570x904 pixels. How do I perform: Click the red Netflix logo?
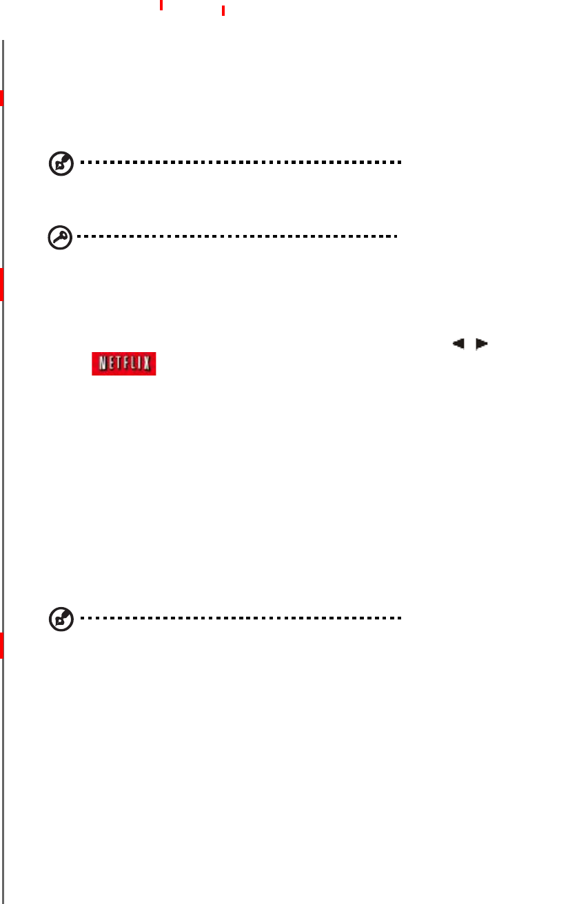point(124,364)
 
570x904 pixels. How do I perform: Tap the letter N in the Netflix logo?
point(100,364)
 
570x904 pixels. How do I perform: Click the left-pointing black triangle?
point(458,342)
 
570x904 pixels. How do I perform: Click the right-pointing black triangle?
point(481,342)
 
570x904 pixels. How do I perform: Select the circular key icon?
point(60,237)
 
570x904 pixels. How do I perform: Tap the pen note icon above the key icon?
point(61,163)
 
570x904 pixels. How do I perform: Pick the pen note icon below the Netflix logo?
point(61,619)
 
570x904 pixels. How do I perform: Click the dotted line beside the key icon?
point(238,236)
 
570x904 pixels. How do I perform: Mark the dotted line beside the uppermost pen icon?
point(241,163)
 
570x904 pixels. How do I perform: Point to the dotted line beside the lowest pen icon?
point(241,618)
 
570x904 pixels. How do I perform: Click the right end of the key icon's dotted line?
point(396,236)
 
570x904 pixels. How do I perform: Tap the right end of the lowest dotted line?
point(399,618)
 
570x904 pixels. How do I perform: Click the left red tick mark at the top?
point(161,5)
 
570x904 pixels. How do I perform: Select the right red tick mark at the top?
point(223,10)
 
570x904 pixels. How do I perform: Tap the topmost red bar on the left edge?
point(2,98)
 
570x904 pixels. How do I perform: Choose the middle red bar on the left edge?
point(2,285)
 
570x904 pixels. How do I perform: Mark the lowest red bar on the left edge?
point(2,645)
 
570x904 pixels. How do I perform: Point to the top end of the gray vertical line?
point(3,41)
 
